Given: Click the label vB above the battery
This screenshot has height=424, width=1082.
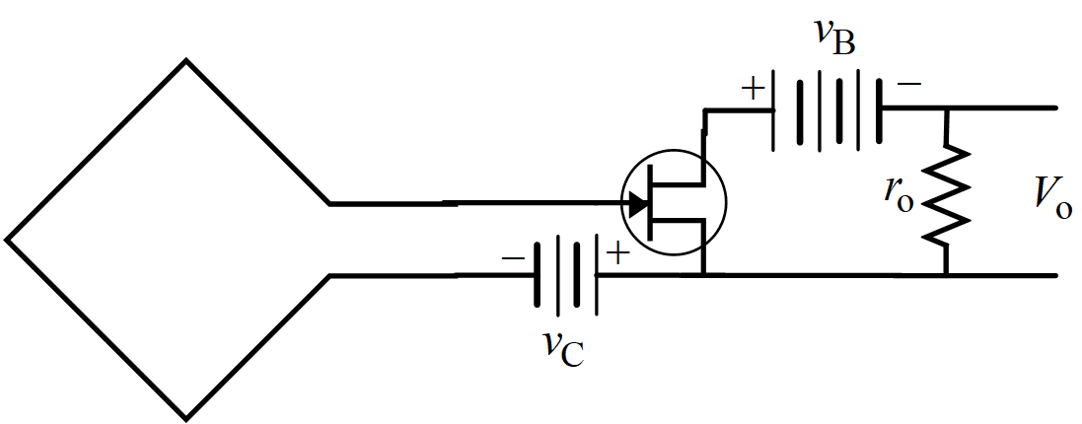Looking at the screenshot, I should click(x=833, y=37).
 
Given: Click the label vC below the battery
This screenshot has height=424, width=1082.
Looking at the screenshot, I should click(x=563, y=346).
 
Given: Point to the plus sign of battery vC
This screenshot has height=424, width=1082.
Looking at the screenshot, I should click(x=616, y=254).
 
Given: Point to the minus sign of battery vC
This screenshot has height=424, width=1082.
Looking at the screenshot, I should click(x=513, y=257).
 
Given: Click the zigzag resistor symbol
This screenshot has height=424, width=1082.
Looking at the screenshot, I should click(x=945, y=195).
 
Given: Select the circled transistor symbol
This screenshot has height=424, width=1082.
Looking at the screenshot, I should click(x=675, y=203).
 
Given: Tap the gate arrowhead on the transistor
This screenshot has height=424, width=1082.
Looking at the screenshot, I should click(x=637, y=204).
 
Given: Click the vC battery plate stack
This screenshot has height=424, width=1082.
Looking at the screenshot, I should click(x=566, y=275).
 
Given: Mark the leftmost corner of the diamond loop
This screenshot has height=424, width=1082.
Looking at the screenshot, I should click(x=8, y=239).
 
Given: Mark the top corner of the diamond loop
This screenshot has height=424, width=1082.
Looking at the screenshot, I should click(x=185, y=61).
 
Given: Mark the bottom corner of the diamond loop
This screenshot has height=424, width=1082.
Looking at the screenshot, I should click(x=185, y=416).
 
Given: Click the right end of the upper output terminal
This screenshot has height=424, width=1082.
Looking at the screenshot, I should click(x=1055, y=107).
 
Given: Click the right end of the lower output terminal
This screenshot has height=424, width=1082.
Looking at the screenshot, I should click(x=1055, y=275).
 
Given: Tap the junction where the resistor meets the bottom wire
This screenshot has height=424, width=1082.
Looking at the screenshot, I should click(x=945, y=275).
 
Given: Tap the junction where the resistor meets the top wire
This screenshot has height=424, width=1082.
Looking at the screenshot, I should click(x=945, y=108).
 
